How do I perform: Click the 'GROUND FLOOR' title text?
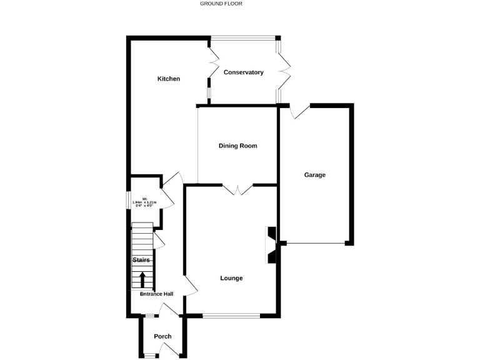(221, 4)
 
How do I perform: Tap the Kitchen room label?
(168, 79)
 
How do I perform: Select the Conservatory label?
(244, 72)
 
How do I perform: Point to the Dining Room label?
(237, 146)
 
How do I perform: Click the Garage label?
(315, 175)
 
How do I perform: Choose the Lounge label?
(231, 278)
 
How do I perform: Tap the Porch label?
(162, 336)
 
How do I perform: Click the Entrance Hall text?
(156, 294)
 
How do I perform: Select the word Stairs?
(141, 259)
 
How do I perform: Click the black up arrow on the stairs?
(142, 279)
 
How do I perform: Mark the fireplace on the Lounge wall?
(271, 244)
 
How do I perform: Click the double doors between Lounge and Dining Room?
(237, 190)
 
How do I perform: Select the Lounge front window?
(231, 316)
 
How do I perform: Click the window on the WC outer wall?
(129, 199)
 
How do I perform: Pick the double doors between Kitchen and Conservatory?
(214, 71)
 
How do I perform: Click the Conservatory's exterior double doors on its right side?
(285, 71)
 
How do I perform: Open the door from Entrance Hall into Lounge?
(190, 286)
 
